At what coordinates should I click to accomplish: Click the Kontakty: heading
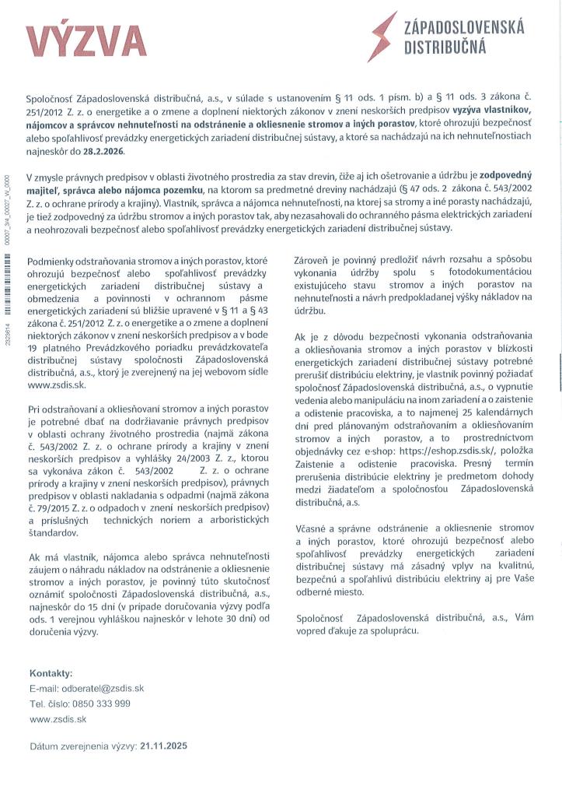[51, 673]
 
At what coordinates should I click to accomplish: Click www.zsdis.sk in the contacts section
[57, 719]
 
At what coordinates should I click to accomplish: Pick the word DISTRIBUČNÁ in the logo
[445, 47]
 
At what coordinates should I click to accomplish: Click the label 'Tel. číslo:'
[50, 704]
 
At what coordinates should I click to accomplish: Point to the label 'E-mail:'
[43, 688]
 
